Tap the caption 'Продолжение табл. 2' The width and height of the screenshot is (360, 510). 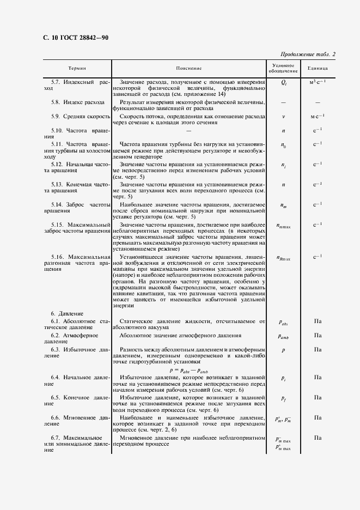tap(308, 54)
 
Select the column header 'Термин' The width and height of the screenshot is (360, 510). tap(77, 68)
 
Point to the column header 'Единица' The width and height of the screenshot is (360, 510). tap(318, 68)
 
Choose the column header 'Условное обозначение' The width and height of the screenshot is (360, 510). tap(283, 68)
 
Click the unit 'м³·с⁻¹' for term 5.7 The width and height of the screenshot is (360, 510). tap(318, 82)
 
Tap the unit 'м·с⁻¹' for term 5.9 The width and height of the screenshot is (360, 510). tap(318, 116)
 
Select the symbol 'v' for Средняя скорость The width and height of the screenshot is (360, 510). tap(283, 117)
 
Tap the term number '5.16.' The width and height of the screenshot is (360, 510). tap(58, 257)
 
